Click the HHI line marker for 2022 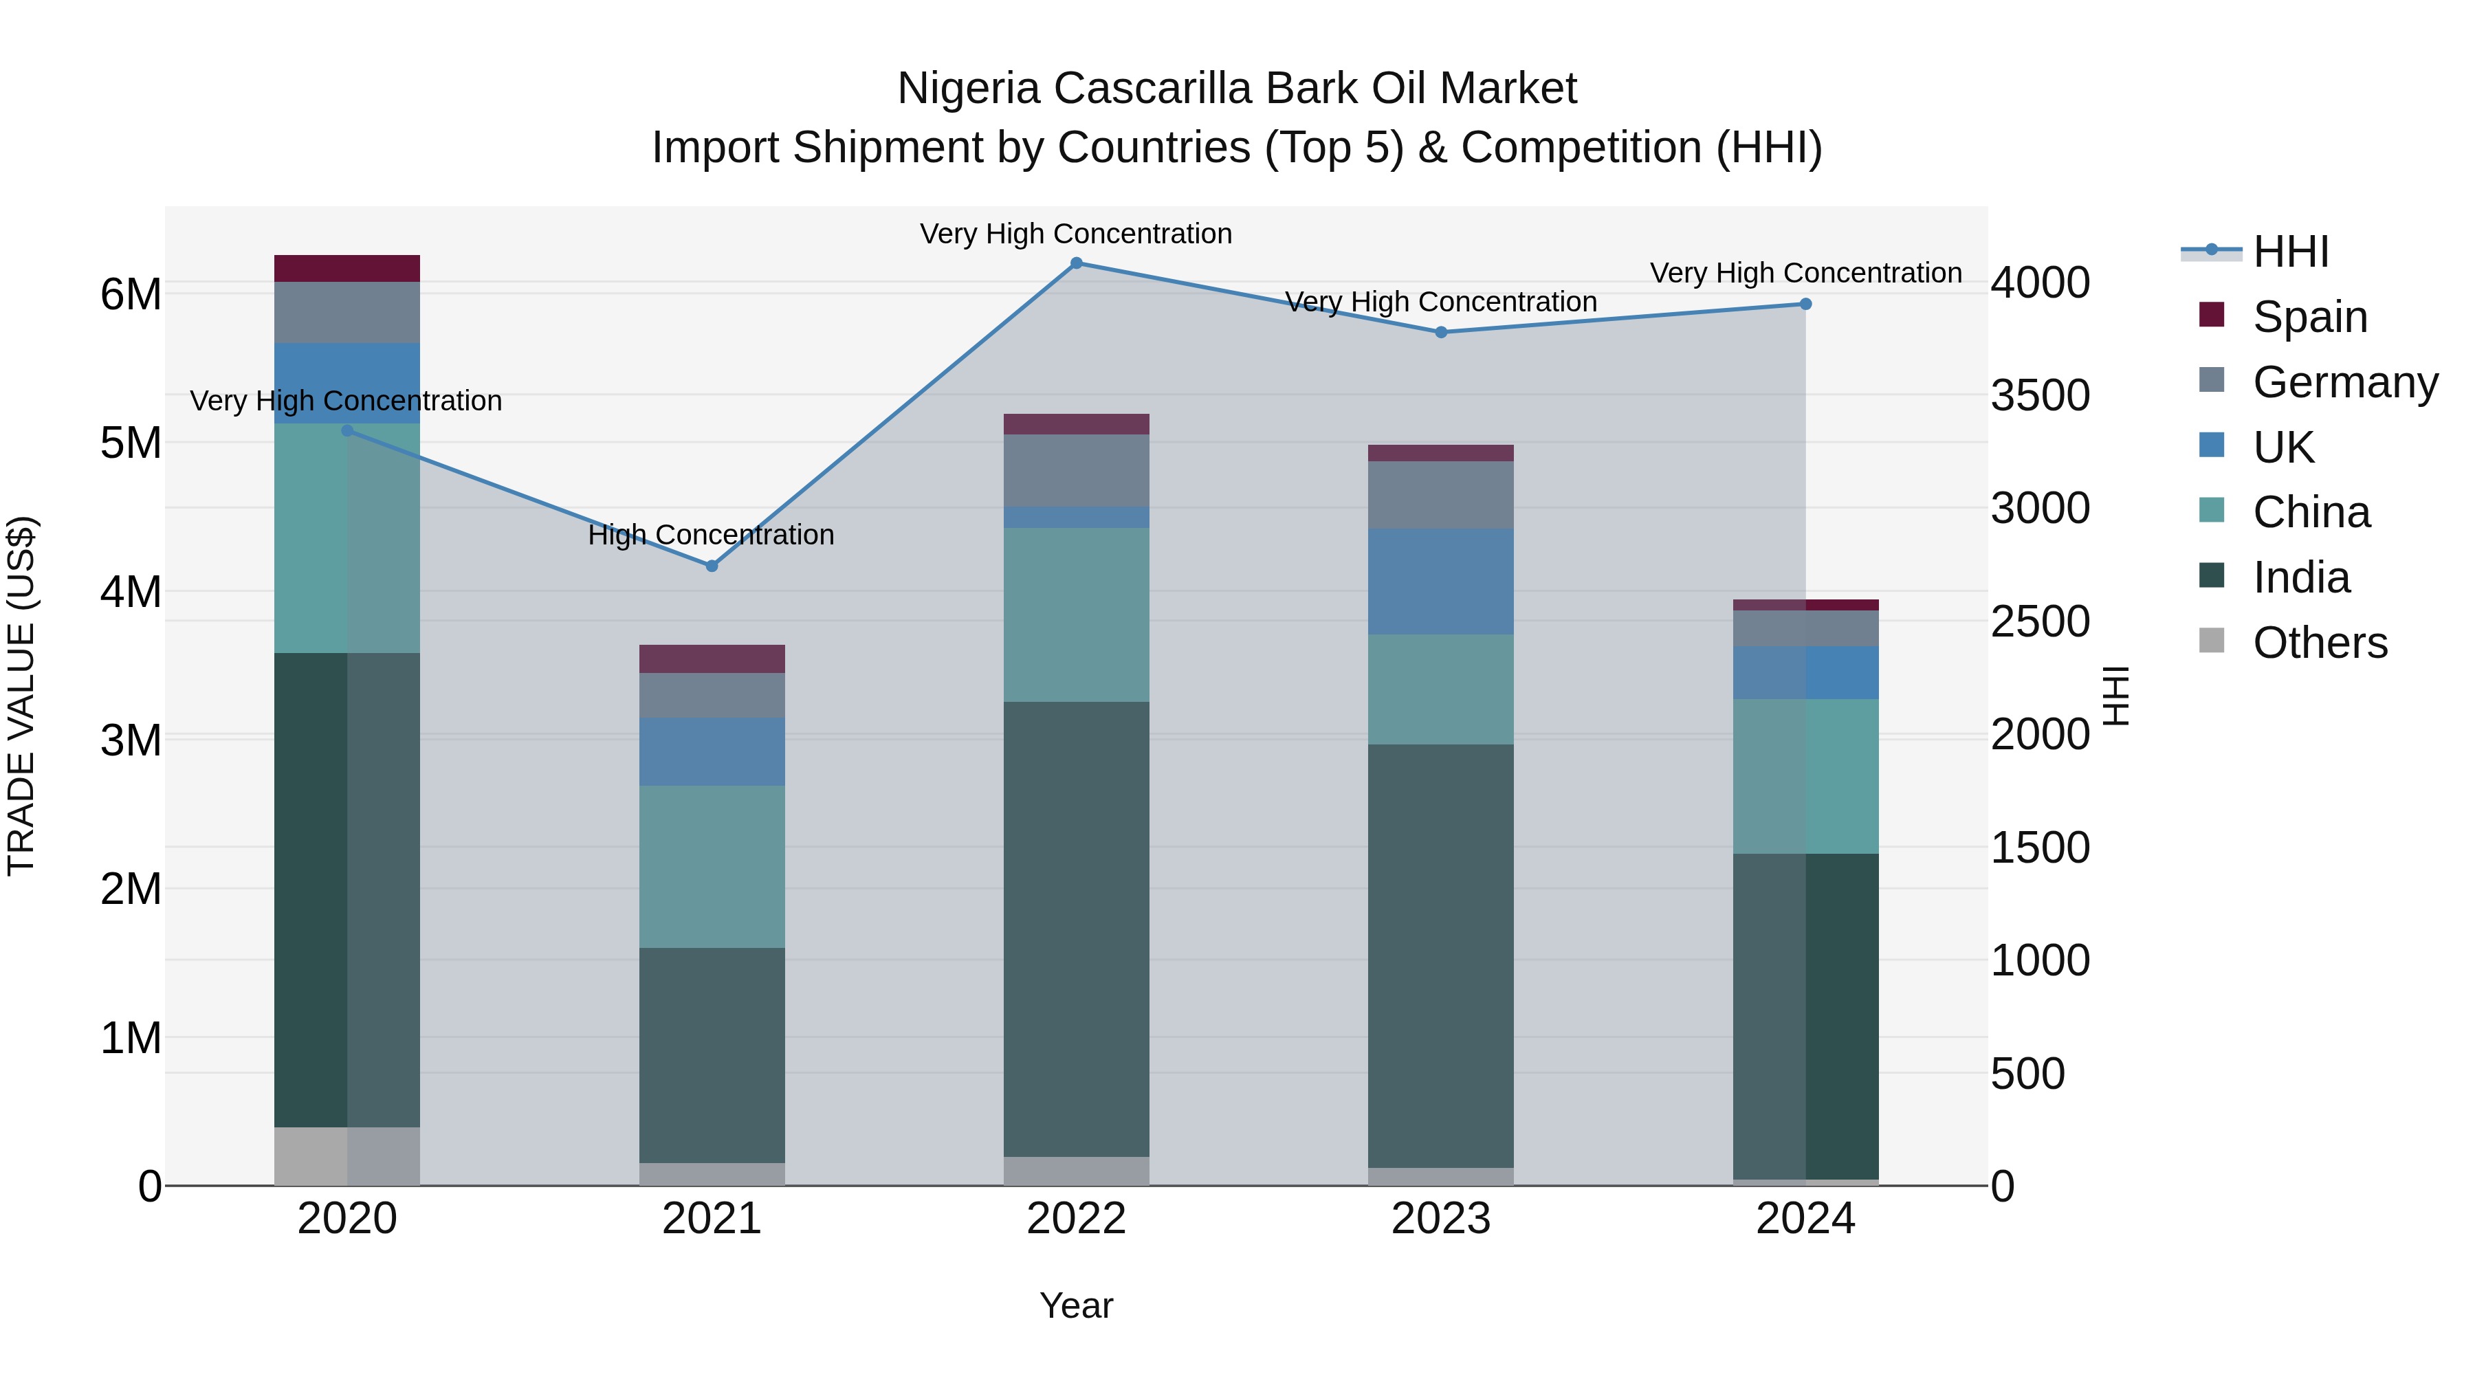pyautogui.click(x=1076, y=263)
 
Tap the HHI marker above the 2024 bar pyautogui.click(x=1805, y=305)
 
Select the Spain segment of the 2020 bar pyautogui.click(x=347, y=268)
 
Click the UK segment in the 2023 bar pyautogui.click(x=1440, y=580)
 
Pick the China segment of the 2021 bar pyautogui.click(x=712, y=867)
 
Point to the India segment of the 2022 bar pyautogui.click(x=1076, y=928)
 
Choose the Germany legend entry pyautogui.click(x=2344, y=382)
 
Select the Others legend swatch pyautogui.click(x=2212, y=641)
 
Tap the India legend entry pyautogui.click(x=2300, y=577)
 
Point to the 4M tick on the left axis pyautogui.click(x=131, y=592)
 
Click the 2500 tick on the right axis pyautogui.click(x=2039, y=621)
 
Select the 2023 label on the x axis pyautogui.click(x=1440, y=1219)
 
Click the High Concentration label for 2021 pyautogui.click(x=711, y=534)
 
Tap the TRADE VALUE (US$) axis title pyautogui.click(x=21, y=696)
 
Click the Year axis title pyautogui.click(x=1076, y=1305)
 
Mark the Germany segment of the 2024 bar pyautogui.click(x=1805, y=628)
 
